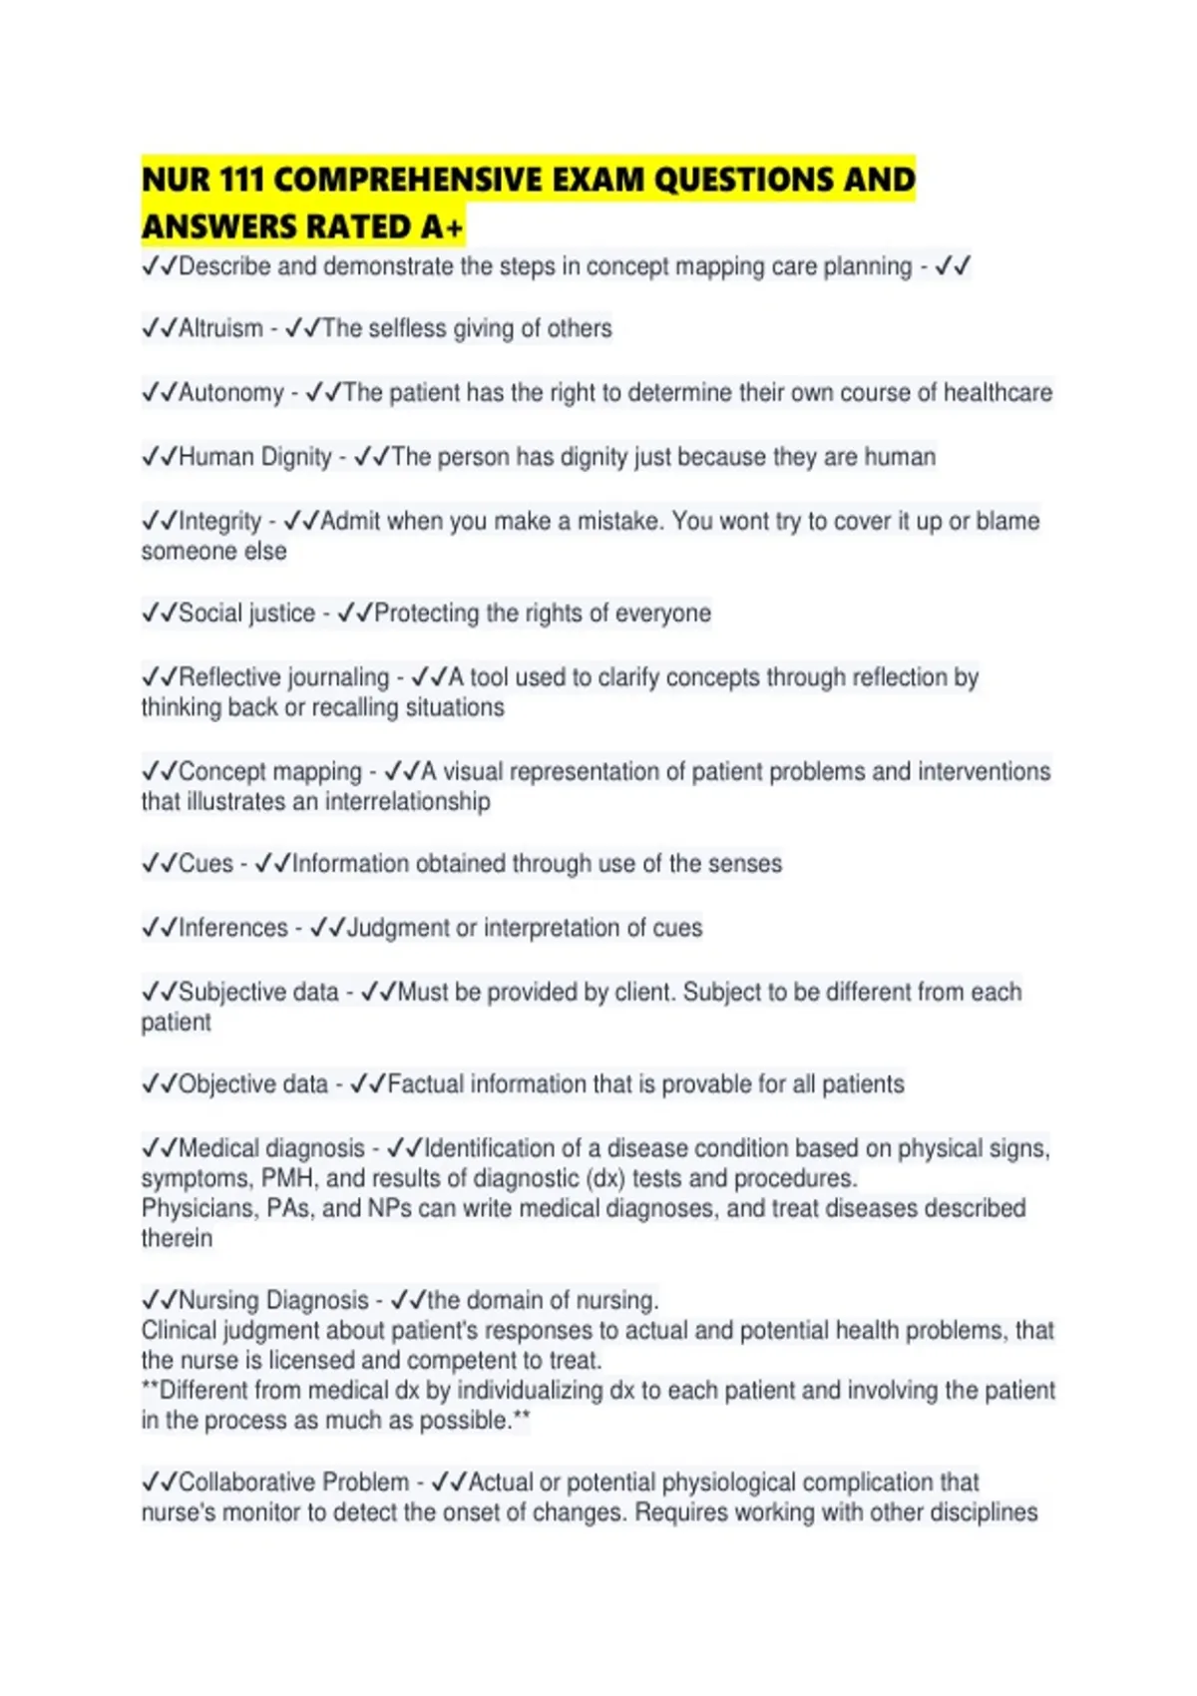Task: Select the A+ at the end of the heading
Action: pyautogui.click(x=442, y=227)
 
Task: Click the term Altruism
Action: pyautogui.click(x=220, y=328)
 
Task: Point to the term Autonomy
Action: pyautogui.click(x=231, y=393)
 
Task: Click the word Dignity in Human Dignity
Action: pyautogui.click(x=296, y=457)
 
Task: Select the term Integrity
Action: pyautogui.click(x=219, y=521)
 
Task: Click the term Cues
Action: pyautogui.click(x=205, y=864)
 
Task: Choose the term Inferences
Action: pyautogui.click(x=233, y=928)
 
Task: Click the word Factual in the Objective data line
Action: pyautogui.click(x=424, y=1084)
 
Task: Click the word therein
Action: pyautogui.click(x=177, y=1238)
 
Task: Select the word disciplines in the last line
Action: pyautogui.click(x=984, y=1512)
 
